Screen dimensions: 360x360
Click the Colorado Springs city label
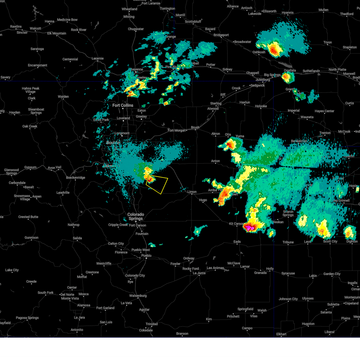click(136, 216)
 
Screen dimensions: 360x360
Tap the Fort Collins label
click(123, 105)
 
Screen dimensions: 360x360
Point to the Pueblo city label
click(146, 256)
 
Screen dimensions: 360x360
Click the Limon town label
click(192, 192)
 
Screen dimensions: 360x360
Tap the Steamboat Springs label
click(36, 111)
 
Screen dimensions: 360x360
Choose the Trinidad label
click(151, 324)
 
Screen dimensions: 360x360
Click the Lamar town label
click(245, 266)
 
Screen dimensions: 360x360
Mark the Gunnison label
click(31, 238)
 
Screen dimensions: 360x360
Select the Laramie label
click(97, 58)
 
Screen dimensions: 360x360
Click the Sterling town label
click(216, 103)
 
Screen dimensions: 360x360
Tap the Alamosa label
click(84, 305)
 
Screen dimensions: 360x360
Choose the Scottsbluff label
click(193, 22)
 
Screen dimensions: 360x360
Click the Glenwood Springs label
click(11, 172)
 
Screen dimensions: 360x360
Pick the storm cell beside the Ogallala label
click(287, 77)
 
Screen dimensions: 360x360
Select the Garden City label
click(332, 274)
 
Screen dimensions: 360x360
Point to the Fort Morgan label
click(177, 130)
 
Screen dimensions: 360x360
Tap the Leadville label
click(63, 193)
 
